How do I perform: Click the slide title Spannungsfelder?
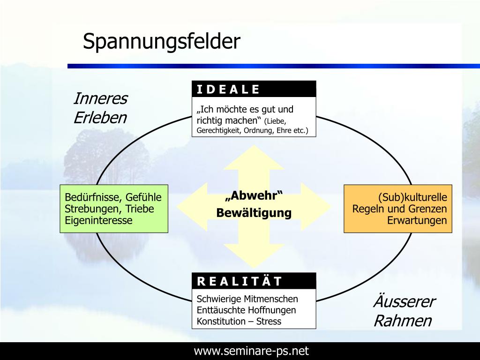tap(161, 42)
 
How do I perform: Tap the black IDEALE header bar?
tap(254, 89)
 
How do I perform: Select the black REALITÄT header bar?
tap(254, 281)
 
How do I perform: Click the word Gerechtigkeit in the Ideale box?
tap(218, 130)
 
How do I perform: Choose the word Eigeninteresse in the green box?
tap(98, 220)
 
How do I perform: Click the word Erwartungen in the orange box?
tap(417, 220)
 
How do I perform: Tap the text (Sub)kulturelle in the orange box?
tap(412, 197)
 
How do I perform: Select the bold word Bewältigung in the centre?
tap(254, 213)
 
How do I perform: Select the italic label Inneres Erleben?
tap(100, 108)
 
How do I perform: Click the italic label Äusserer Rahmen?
tap(404, 311)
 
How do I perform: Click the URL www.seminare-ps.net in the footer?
tap(252, 351)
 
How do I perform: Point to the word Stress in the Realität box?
tap(269, 322)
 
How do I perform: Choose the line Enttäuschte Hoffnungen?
tap(246, 310)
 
